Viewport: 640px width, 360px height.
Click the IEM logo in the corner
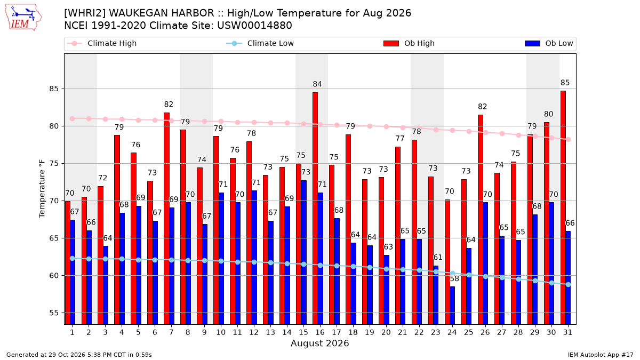(23, 18)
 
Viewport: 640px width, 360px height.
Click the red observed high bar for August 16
(315, 209)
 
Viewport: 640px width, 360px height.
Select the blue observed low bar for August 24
(452, 306)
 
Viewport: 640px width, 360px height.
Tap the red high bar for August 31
(563, 207)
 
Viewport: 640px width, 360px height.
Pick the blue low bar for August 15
(303, 252)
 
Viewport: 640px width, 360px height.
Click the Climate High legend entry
(102, 43)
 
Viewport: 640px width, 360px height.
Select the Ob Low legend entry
(549, 43)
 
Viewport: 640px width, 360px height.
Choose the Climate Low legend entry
(260, 43)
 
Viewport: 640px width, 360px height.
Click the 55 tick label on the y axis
(54, 313)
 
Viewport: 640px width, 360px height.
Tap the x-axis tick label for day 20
(386, 332)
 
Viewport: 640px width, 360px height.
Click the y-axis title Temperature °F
(42, 189)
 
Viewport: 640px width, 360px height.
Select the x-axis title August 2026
(319, 343)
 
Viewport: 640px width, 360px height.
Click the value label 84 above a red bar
(317, 84)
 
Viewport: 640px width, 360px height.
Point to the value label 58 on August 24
(454, 278)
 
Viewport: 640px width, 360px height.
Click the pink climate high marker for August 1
(73, 118)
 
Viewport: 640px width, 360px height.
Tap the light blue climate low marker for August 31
(569, 285)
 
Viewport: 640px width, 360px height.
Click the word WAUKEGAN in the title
(162, 13)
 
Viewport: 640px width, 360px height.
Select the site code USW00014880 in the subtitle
(254, 26)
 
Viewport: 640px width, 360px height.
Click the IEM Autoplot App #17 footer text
(601, 355)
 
